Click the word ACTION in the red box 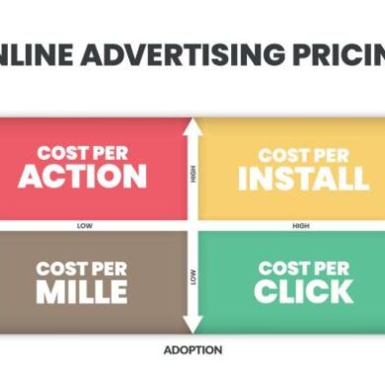tap(82, 177)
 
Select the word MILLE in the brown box tap(82, 291)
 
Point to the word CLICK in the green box tap(303, 291)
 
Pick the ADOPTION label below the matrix tap(192, 349)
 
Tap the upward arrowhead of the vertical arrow tap(192, 125)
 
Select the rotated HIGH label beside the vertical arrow tap(192, 175)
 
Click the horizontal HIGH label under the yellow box tap(301, 225)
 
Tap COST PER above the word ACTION tap(81, 153)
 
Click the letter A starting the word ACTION tap(30, 177)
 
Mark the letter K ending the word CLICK tap(341, 291)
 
